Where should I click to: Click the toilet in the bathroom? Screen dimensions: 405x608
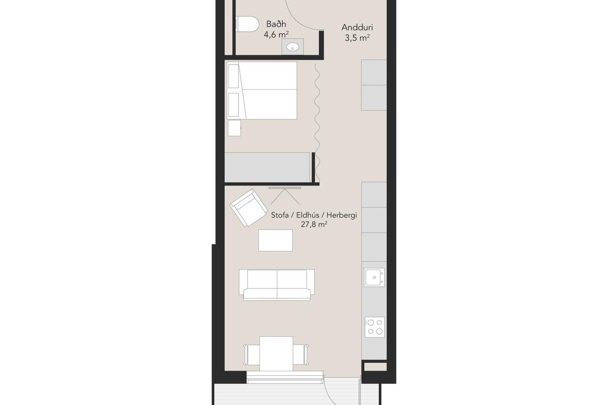coord(247,24)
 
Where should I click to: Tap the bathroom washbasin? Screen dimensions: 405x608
coord(293,47)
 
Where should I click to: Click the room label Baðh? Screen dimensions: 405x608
coord(276,24)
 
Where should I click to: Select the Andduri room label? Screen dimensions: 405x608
coord(357,28)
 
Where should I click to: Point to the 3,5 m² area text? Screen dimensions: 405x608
coord(357,38)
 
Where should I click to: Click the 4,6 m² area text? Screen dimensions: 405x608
coord(276,34)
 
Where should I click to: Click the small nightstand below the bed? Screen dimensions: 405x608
coord(234,128)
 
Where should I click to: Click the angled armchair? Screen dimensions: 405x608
coord(248,208)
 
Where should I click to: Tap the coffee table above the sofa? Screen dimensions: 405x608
coord(275,240)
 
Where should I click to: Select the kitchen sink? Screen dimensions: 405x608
coord(374,277)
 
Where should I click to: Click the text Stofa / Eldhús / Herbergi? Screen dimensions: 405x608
coord(314,215)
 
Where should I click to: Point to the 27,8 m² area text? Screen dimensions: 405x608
coord(314,225)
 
